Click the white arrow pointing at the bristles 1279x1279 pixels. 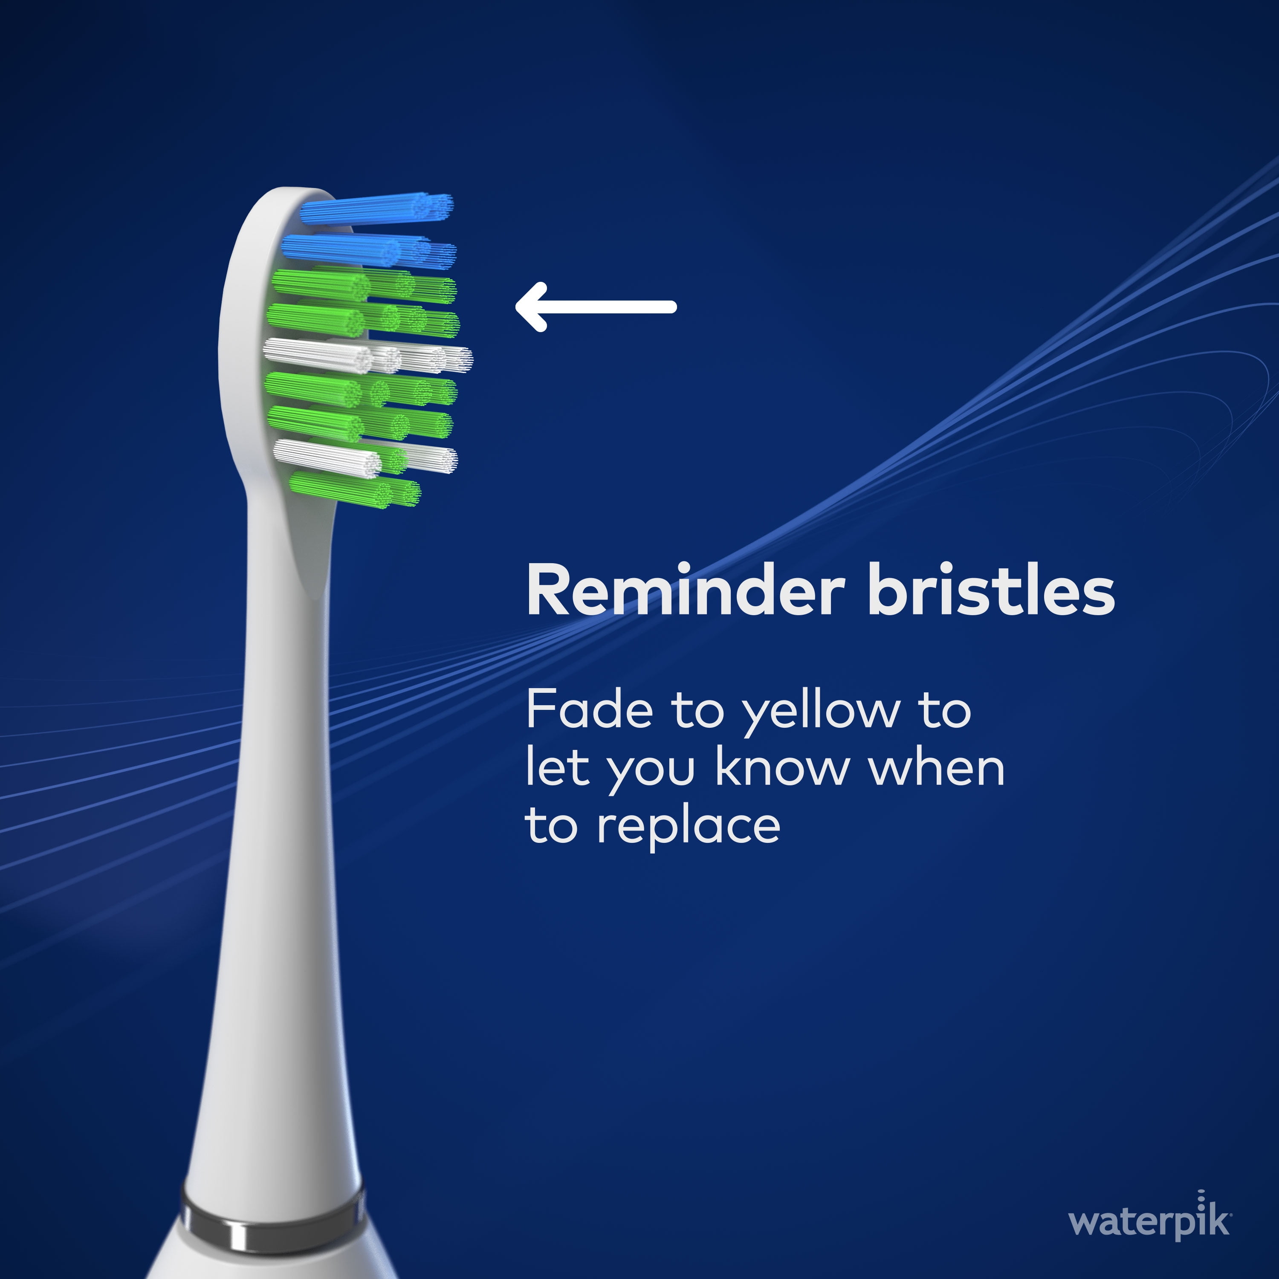click(596, 307)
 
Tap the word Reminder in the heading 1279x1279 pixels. click(686, 590)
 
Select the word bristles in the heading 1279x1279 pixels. click(991, 590)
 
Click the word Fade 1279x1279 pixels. click(590, 709)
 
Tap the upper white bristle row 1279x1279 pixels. click(368, 355)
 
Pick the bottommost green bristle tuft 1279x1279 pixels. click(355, 490)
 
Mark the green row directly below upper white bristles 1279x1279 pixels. click(362, 389)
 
